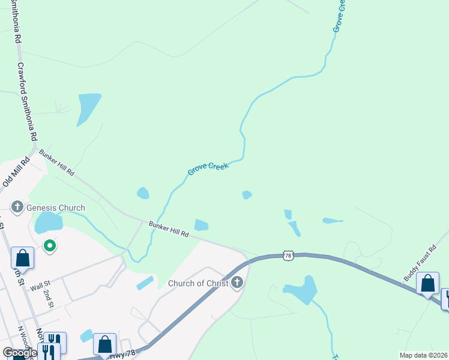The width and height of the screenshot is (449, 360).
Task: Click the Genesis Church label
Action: click(x=56, y=208)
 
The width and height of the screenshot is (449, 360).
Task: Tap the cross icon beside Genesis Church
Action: click(x=18, y=208)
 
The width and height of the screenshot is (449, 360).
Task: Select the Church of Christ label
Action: click(x=197, y=283)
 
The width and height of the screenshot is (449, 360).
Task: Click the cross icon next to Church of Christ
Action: click(x=237, y=283)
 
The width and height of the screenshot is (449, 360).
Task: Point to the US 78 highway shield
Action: click(x=289, y=256)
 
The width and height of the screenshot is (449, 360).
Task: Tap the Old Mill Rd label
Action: click(x=16, y=172)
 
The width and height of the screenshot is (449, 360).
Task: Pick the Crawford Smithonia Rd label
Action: click(x=27, y=102)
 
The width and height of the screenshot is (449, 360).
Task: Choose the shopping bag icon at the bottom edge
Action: click(x=104, y=344)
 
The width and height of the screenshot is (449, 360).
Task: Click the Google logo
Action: click(x=20, y=353)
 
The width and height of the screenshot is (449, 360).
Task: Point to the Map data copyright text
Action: click(x=424, y=355)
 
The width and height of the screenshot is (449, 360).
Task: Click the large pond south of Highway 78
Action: click(x=303, y=290)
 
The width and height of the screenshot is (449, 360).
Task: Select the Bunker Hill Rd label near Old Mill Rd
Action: click(x=57, y=163)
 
